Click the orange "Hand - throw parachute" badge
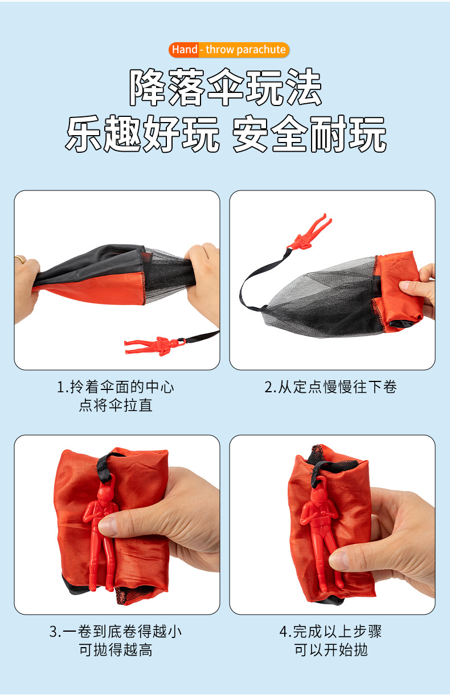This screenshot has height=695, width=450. (229, 50)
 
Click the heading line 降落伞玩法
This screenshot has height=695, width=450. (226, 88)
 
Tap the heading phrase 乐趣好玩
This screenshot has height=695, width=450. (142, 135)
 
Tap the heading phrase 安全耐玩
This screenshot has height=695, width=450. (309, 135)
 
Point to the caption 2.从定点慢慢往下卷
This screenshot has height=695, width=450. (330, 388)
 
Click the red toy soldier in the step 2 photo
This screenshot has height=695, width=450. (308, 231)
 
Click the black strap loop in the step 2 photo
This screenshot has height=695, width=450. (251, 285)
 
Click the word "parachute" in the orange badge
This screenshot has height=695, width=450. (261, 50)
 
